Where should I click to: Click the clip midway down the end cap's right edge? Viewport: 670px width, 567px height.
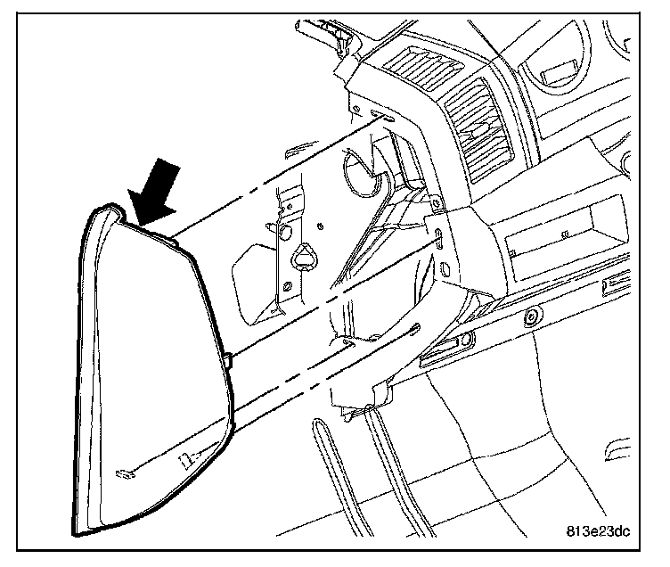229,359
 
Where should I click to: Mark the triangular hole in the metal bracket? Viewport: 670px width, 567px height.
304,256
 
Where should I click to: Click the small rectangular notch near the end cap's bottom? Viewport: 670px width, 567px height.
187,461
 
